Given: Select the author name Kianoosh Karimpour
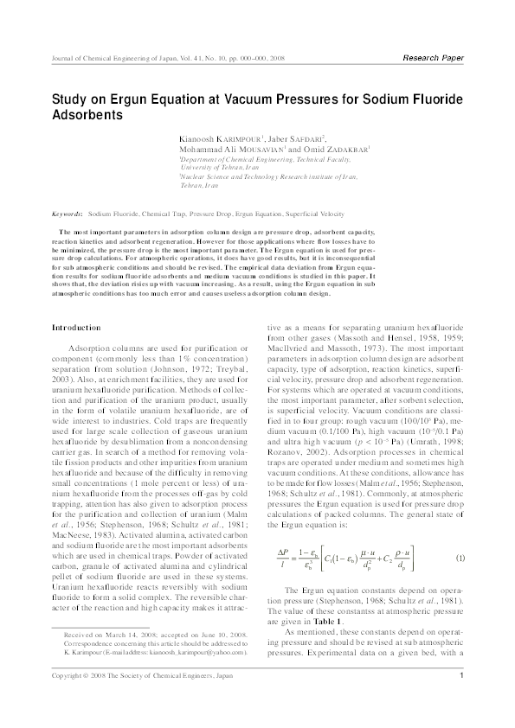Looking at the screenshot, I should pyautogui.click(x=206, y=137).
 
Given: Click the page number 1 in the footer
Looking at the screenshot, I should pyautogui.click(x=463, y=700).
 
